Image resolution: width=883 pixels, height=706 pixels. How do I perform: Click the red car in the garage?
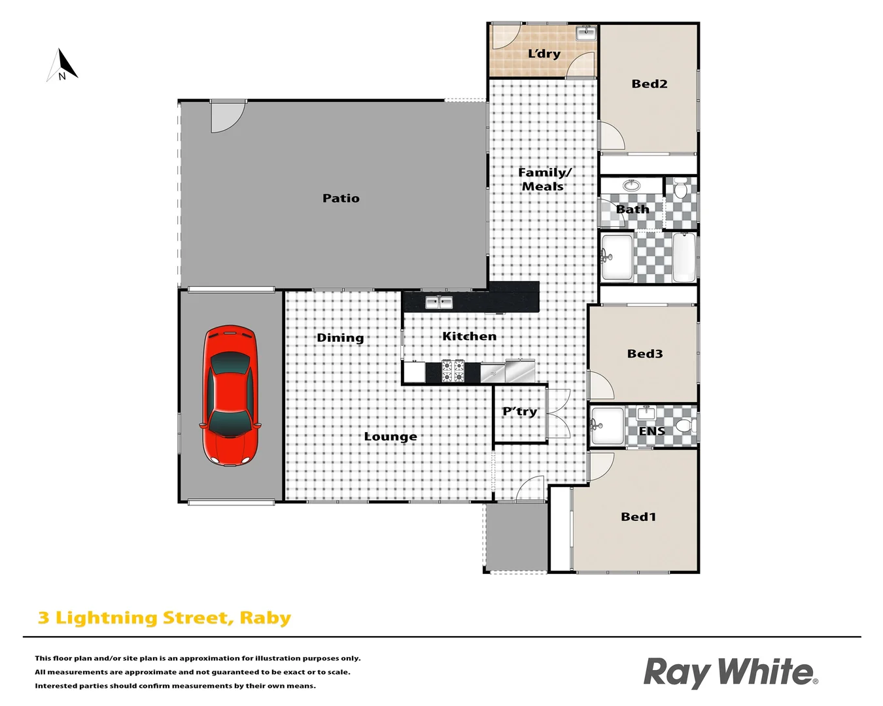pyautogui.click(x=230, y=395)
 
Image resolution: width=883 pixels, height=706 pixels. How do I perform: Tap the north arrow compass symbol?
pyautogui.click(x=63, y=66)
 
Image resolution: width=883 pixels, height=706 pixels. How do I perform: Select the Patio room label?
pyautogui.click(x=341, y=198)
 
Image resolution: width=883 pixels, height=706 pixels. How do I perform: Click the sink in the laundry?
pyautogui.click(x=585, y=33)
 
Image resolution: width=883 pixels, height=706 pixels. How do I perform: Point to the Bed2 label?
pyautogui.click(x=649, y=84)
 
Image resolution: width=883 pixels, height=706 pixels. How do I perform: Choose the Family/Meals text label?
pyautogui.click(x=544, y=179)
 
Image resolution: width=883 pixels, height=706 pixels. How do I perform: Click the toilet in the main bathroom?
pyautogui.click(x=681, y=189)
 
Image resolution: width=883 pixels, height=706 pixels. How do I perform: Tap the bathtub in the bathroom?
pyautogui.click(x=684, y=257)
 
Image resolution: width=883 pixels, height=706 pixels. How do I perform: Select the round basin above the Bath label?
pyautogui.click(x=631, y=186)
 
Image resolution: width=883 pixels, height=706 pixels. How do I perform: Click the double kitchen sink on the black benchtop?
pyautogui.click(x=439, y=302)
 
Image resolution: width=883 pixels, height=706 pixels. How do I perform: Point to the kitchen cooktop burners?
pyautogui.click(x=453, y=371)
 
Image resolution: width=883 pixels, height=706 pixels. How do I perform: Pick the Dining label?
pyautogui.click(x=340, y=338)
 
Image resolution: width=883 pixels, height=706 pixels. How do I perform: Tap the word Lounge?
pyautogui.click(x=390, y=437)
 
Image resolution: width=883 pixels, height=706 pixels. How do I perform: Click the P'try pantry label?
pyautogui.click(x=519, y=412)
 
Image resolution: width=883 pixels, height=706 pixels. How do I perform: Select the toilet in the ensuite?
pyautogui.click(x=685, y=426)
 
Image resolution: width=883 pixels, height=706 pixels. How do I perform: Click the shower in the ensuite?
pyautogui.click(x=607, y=426)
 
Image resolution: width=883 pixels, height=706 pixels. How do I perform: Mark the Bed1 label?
pyautogui.click(x=638, y=516)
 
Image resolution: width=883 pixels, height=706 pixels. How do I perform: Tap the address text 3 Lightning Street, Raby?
pyautogui.click(x=164, y=618)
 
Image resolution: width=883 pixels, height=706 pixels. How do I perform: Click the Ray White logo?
pyautogui.click(x=730, y=672)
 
